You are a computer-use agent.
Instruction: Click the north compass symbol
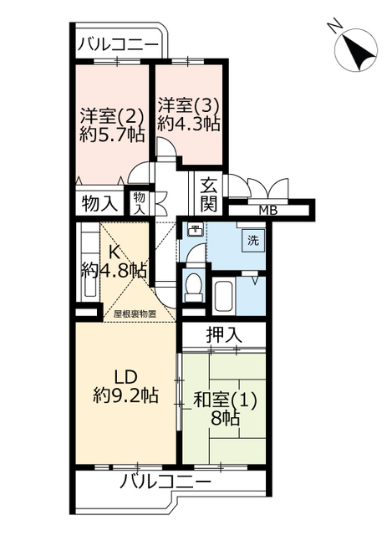[355, 50]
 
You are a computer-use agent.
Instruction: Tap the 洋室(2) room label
[111, 116]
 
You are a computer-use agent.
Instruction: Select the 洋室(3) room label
[188, 105]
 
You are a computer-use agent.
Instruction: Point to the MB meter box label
[268, 211]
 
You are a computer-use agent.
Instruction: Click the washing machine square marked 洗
[253, 241]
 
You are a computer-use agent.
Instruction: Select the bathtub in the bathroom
[223, 297]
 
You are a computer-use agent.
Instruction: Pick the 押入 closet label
[224, 334]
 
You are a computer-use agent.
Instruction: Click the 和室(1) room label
[225, 400]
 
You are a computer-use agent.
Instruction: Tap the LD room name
[125, 377]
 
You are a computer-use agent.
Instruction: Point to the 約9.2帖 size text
[125, 395]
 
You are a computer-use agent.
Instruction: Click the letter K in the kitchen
[114, 252]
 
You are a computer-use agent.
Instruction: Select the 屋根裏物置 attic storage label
[135, 314]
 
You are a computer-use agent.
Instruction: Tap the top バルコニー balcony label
[119, 44]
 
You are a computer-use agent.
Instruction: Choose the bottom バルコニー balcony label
[165, 481]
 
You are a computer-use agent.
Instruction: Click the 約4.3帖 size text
[188, 124]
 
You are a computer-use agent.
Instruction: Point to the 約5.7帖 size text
[111, 135]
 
